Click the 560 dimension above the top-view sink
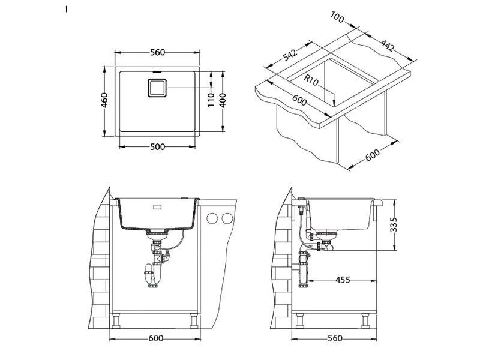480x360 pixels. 157,53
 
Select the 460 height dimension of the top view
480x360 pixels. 104,100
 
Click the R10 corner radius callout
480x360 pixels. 311,79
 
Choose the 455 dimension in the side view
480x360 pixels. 343,280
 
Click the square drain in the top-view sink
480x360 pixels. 157,88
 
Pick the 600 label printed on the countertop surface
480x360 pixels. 296,98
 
